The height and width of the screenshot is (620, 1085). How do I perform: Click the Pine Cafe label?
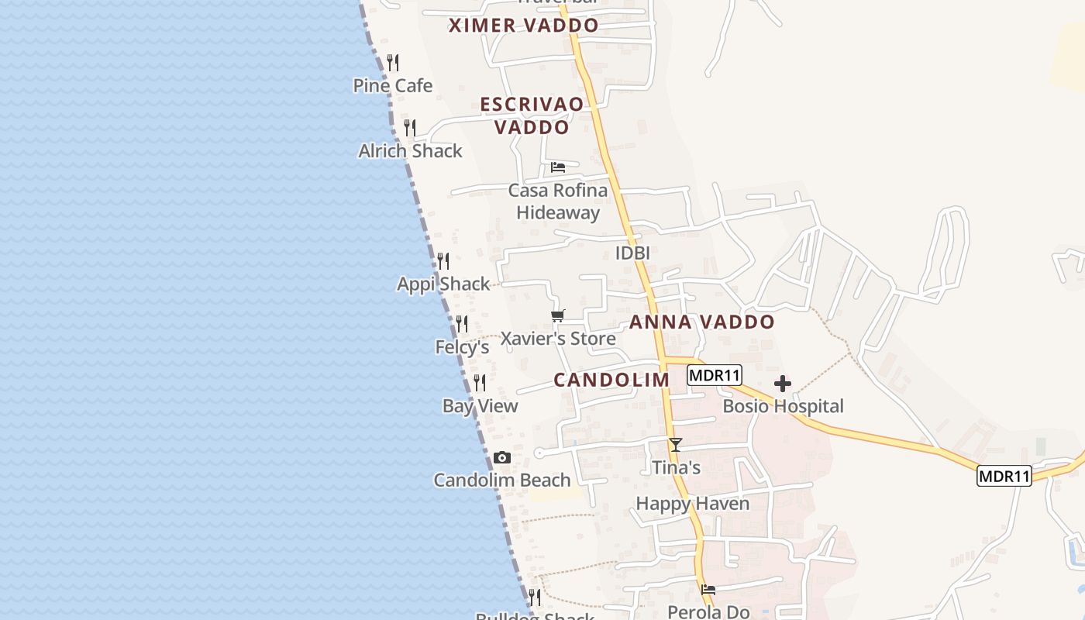[x=393, y=85]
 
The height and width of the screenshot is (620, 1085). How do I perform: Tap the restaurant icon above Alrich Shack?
[x=410, y=128]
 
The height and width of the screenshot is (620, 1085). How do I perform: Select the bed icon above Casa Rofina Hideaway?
[x=558, y=167]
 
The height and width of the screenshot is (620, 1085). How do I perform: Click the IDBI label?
[x=632, y=253]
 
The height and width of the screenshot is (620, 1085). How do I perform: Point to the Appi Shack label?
[x=443, y=284]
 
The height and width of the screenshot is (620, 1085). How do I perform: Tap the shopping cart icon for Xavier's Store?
[x=558, y=315]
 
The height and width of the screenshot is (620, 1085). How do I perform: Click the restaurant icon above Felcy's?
[x=462, y=323]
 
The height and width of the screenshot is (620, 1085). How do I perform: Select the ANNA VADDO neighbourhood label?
[x=702, y=322]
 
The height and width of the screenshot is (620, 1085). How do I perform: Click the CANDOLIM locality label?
[x=611, y=380]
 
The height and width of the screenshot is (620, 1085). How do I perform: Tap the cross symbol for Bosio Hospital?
[x=783, y=384]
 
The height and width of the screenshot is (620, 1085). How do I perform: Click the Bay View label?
[x=480, y=406]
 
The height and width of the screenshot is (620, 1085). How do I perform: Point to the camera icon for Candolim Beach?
[x=502, y=458]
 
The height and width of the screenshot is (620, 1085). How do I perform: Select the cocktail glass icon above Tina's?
[x=676, y=445]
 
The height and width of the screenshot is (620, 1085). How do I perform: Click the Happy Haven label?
[x=693, y=504]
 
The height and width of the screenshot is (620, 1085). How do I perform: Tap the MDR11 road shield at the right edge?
[x=1004, y=476]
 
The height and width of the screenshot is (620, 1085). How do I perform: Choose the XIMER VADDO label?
[x=524, y=26]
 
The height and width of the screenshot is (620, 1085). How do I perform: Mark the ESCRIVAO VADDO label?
[x=532, y=115]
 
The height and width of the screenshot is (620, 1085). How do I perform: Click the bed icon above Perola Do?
[x=708, y=590]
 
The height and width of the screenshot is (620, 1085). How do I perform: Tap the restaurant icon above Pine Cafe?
[x=393, y=63]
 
